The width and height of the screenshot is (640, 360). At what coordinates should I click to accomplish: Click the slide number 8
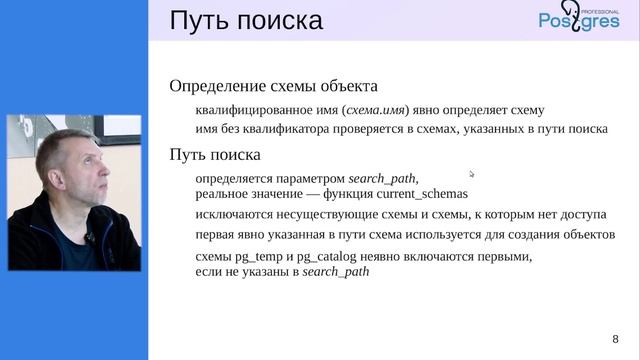point(615,338)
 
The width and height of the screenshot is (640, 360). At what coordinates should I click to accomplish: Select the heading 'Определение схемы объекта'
point(274,86)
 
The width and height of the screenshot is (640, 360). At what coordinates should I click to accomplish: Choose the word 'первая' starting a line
point(216,235)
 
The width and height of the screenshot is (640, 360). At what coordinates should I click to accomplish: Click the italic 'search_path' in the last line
point(336,271)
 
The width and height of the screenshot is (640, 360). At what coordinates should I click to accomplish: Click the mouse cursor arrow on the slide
point(472,174)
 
